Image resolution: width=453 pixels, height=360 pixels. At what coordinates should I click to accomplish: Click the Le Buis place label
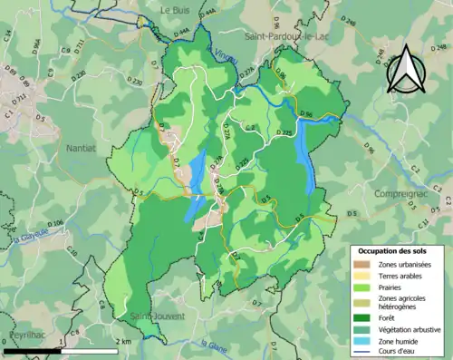coord(178,9)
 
